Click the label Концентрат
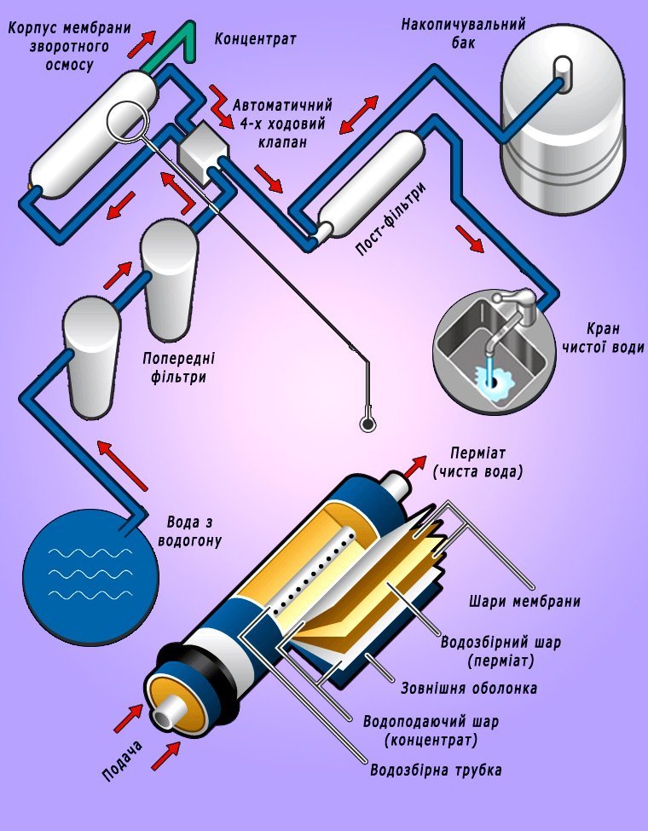[x=255, y=39]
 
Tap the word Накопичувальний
[x=464, y=25]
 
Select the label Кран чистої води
[x=603, y=338]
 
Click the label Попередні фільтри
[x=179, y=368]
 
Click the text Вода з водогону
[x=190, y=532]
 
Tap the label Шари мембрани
[x=524, y=602]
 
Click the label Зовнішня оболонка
[x=469, y=688]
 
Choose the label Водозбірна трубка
[x=436, y=770]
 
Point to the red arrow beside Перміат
[x=415, y=466]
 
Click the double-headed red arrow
[x=359, y=114]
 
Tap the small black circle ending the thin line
[x=367, y=424]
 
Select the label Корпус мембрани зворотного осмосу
[x=69, y=47]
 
